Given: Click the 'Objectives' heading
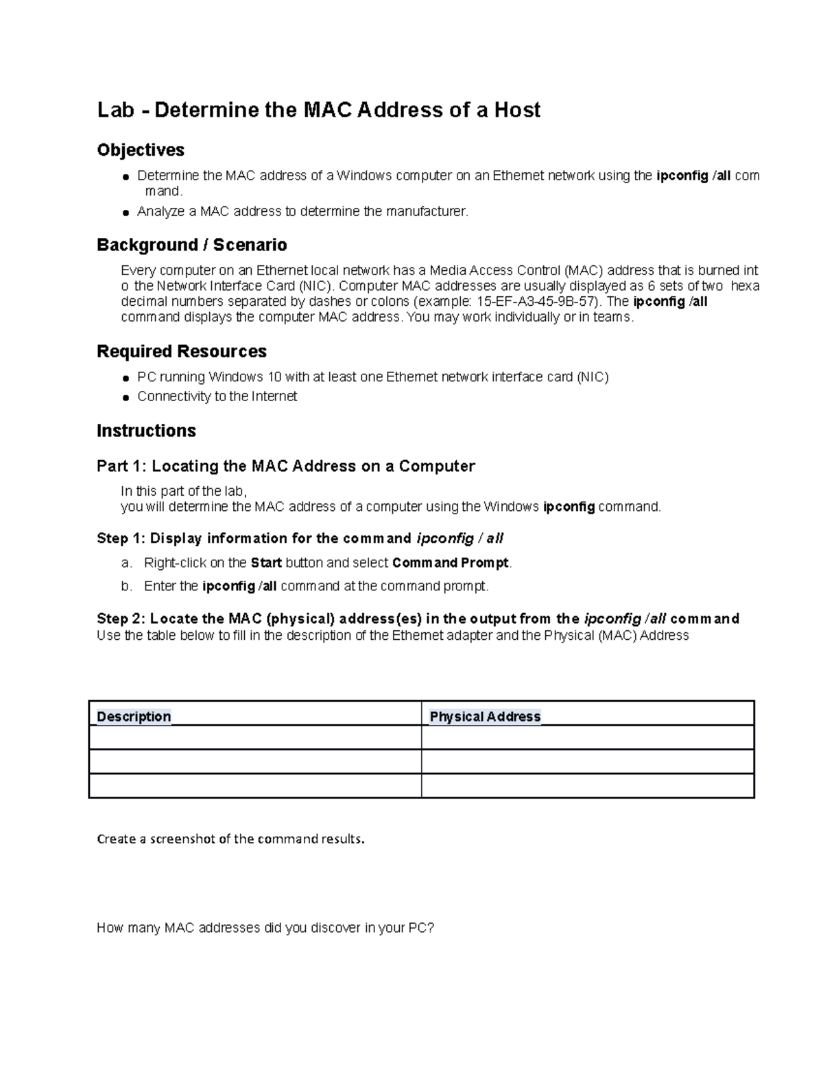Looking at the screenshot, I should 141,150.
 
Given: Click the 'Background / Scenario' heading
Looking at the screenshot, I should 191,245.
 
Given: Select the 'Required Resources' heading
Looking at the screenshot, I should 182,351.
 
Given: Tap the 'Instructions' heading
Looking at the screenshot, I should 146,431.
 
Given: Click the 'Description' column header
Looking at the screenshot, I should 134,717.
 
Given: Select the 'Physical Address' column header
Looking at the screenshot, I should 485,717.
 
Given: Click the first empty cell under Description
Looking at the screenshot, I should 254,738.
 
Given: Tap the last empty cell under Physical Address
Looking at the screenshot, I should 587,786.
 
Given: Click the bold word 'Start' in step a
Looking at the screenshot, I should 266,563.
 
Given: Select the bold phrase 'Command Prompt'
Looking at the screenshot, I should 451,563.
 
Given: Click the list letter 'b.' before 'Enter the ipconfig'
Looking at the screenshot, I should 126,586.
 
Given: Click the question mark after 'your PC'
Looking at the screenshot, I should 431,928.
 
